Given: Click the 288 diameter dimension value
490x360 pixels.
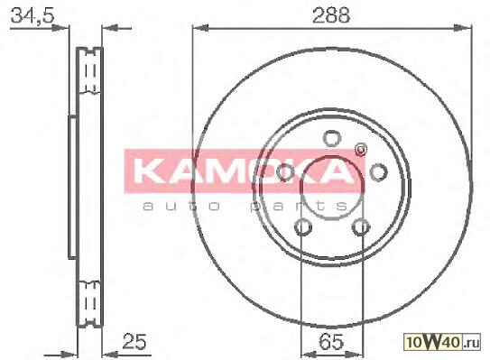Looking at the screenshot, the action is [331, 15].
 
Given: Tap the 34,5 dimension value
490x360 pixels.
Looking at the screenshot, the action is [32, 15].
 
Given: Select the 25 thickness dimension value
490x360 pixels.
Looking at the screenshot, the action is [134, 341].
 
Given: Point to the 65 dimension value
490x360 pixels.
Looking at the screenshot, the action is [331, 342].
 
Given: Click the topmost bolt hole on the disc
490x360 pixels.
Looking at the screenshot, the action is [331, 138].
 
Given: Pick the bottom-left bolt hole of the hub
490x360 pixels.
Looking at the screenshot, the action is [303, 226].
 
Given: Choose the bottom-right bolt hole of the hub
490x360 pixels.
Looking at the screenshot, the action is [361, 226].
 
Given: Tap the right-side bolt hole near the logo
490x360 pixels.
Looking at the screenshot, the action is [378, 172].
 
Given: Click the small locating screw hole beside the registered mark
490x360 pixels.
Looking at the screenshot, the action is [361, 150].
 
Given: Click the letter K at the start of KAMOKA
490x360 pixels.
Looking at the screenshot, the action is [146, 172].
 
